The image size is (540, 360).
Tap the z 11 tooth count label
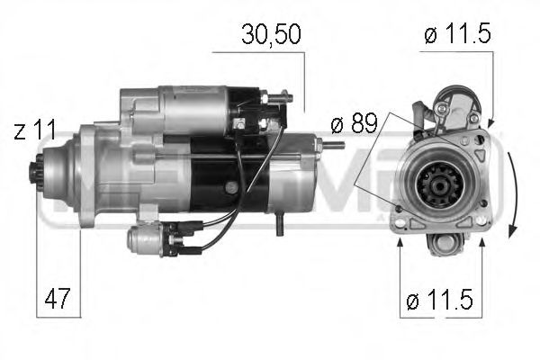tap(36, 131)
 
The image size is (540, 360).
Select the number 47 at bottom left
tap(55, 297)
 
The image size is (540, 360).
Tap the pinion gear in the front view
tap(440, 190)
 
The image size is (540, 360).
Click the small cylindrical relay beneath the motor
tap(148, 238)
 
